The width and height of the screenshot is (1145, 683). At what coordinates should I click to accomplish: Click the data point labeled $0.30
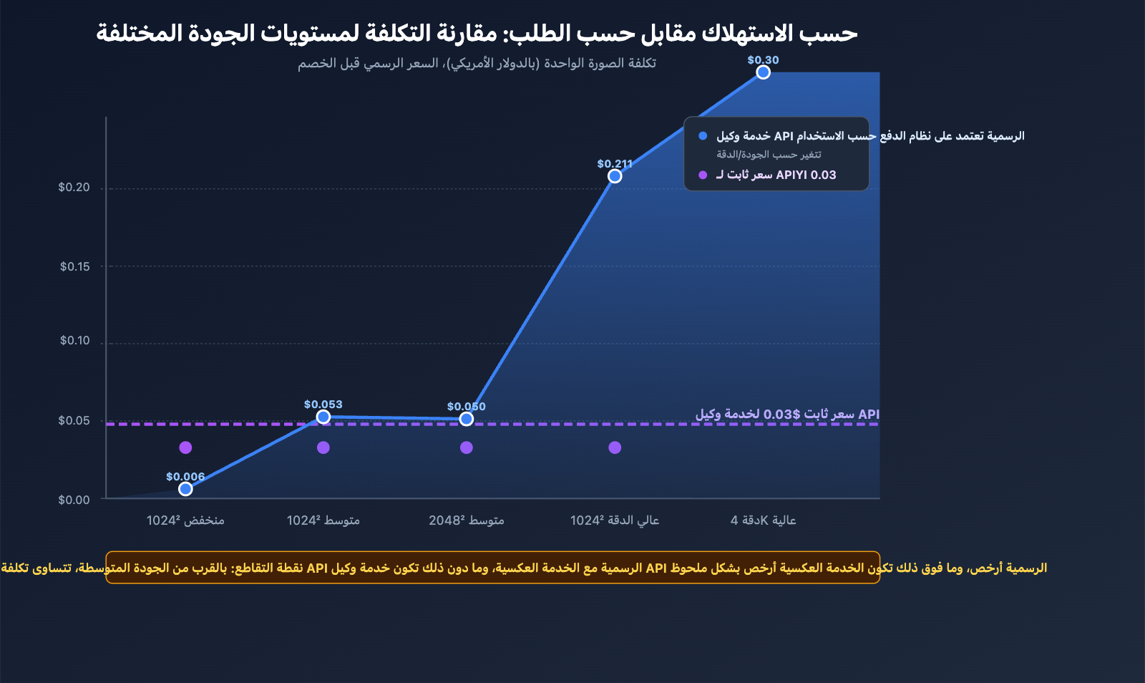click(763, 72)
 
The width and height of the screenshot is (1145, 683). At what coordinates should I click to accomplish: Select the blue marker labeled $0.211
click(615, 176)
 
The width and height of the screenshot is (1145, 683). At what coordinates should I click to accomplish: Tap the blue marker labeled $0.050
click(467, 419)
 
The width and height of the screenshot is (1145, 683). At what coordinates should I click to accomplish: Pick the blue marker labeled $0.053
click(323, 417)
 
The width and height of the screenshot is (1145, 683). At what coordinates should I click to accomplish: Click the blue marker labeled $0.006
click(185, 489)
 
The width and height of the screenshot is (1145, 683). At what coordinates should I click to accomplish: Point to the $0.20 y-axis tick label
click(74, 188)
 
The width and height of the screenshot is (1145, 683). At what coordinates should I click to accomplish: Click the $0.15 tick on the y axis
click(75, 267)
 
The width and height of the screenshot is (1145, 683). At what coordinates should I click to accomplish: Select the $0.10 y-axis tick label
click(75, 341)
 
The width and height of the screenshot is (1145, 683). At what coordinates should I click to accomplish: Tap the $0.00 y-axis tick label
click(74, 500)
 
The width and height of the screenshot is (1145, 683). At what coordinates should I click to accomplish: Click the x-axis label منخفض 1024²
click(185, 520)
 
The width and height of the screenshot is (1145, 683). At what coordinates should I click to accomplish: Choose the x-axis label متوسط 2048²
click(467, 520)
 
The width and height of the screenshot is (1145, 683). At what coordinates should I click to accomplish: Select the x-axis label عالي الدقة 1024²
click(615, 520)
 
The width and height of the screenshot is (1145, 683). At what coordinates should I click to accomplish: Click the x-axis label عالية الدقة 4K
click(763, 520)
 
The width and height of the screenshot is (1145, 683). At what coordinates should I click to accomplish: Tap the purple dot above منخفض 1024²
click(185, 447)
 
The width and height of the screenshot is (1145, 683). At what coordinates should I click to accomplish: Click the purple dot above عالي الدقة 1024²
click(615, 447)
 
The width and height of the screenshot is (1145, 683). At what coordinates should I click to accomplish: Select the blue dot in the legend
click(703, 136)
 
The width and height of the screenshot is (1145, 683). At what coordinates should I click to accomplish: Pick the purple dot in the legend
click(703, 175)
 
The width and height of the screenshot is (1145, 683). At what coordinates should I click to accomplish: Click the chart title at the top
click(477, 33)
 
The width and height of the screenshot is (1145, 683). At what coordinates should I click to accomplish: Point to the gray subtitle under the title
click(477, 64)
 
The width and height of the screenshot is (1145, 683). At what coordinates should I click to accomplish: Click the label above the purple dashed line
click(787, 415)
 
